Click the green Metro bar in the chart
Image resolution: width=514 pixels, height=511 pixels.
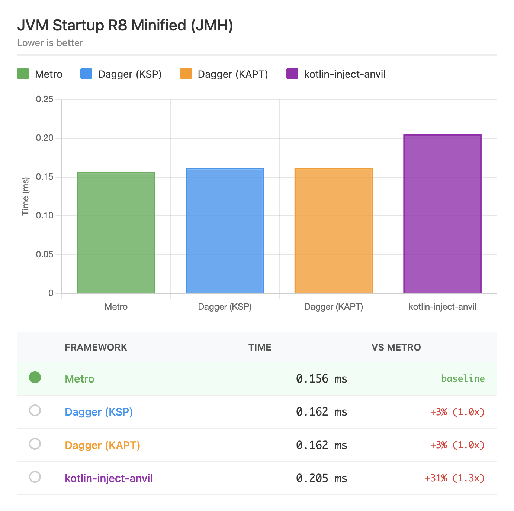pyautogui.click(x=116, y=233)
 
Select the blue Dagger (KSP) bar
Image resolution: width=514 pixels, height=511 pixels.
pyautogui.click(x=225, y=231)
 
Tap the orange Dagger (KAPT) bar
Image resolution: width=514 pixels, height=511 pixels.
pyautogui.click(x=333, y=231)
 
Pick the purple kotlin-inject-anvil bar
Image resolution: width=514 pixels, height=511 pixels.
pyautogui.click(x=442, y=214)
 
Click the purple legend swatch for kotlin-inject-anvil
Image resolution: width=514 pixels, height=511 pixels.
pyautogui.click(x=292, y=74)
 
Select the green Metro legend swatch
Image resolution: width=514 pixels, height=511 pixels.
pyautogui.click(x=23, y=74)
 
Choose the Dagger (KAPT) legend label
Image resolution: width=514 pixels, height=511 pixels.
pyautogui.click(x=232, y=74)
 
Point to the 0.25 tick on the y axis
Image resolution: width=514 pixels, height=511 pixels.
pyautogui.click(x=45, y=99)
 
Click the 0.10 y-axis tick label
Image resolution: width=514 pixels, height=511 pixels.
pyautogui.click(x=45, y=215)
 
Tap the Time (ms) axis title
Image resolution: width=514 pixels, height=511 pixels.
pyautogui.click(x=25, y=196)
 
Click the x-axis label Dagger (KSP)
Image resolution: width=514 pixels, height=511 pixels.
pyautogui.click(x=225, y=307)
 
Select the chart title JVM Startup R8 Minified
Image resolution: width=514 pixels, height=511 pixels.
pyautogui.click(x=125, y=25)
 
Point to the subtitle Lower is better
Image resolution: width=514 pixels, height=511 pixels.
pyautogui.click(x=50, y=43)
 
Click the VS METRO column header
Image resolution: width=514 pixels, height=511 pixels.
pyautogui.click(x=396, y=347)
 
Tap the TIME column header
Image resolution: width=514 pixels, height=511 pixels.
pyautogui.click(x=260, y=347)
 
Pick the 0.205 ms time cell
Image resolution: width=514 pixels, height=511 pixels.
pyautogui.click(x=321, y=478)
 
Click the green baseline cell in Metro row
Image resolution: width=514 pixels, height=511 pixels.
pyautogui.click(x=463, y=378)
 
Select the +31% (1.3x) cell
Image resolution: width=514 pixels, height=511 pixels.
pyautogui.click(x=454, y=478)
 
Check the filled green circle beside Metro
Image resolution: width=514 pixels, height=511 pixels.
pyautogui.click(x=35, y=377)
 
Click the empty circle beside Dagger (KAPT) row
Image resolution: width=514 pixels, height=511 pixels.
pyautogui.click(x=35, y=444)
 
